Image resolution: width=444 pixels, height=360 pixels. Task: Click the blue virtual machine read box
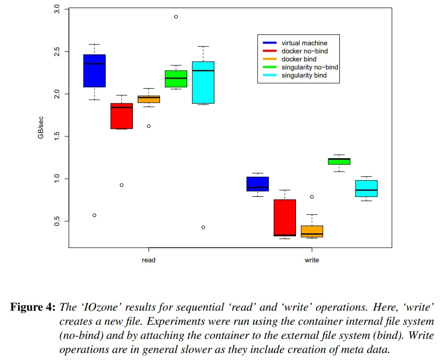95,70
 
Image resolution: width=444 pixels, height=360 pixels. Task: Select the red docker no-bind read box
122,116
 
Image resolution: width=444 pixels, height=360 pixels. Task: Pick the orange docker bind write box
312,231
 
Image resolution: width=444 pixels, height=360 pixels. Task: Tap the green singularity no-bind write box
339,161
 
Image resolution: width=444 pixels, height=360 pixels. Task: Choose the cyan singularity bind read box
203,83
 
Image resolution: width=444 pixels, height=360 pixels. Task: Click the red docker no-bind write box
285,218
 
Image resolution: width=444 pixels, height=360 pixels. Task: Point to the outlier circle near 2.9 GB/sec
176,17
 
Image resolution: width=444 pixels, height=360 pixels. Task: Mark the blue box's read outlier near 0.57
95,215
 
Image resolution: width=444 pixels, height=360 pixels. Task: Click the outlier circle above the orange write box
312,197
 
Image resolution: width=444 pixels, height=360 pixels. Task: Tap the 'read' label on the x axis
149,260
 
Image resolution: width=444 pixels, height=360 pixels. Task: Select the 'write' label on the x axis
312,260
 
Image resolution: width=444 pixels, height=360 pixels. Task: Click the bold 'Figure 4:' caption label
33,307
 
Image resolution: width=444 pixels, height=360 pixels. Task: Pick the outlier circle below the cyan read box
203,227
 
